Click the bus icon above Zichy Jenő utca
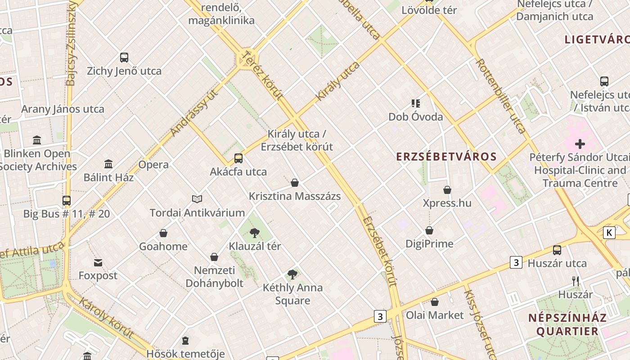pos(124,58)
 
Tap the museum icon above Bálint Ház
pos(108,164)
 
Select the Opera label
pos(153,165)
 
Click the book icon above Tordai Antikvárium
pos(197,199)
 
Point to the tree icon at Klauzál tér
pos(255,233)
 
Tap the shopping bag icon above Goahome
pos(163,233)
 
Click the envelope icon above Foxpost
pos(98,262)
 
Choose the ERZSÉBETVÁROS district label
pos(446,157)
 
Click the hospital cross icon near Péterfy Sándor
pos(580,144)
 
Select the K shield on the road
pos(609,233)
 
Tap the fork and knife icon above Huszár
pos(576,281)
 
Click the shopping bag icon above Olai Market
pos(435,302)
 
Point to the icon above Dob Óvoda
pos(416,103)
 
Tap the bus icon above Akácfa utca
pos(238,158)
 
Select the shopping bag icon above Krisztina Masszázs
pos(295,183)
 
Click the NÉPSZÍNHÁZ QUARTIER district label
pos(567,324)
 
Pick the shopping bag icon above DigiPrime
pos(430,231)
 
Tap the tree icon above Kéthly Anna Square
pos(292,274)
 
